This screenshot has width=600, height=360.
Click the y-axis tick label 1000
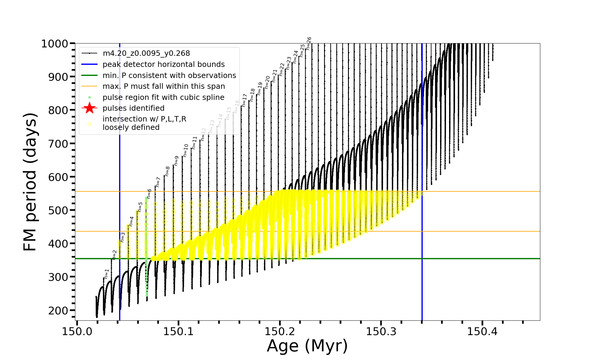click(x=55, y=44)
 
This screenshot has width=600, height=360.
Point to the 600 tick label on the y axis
click(x=58, y=177)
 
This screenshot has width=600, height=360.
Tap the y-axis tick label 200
click(x=58, y=310)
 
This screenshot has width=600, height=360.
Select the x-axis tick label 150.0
click(x=77, y=331)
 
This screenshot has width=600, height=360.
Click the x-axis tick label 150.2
click(x=280, y=331)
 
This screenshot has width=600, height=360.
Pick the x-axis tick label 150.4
click(x=482, y=331)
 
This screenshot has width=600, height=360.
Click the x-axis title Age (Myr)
click(x=307, y=346)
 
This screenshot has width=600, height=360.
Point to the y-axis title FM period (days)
click(x=30, y=182)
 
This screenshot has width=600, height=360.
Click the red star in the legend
click(x=89, y=108)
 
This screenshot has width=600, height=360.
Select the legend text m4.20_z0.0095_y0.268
click(x=146, y=53)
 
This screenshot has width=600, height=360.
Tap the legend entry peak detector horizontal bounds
click(x=163, y=64)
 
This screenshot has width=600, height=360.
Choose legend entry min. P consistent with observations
click(x=169, y=75)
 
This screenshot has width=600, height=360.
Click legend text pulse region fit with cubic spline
click(x=163, y=97)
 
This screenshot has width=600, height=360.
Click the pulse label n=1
click(x=106, y=274)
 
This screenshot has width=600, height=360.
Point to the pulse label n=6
click(x=149, y=194)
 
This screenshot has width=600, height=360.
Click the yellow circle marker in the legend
click(x=89, y=124)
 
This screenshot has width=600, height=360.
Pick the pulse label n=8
click(x=167, y=171)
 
